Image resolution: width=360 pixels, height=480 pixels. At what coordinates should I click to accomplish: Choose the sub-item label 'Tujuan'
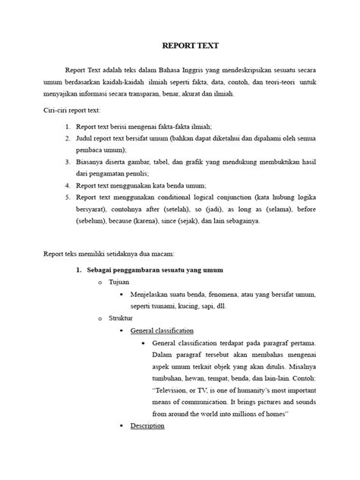(x=118, y=282)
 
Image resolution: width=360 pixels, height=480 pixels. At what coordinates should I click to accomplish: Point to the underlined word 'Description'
(x=147, y=426)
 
